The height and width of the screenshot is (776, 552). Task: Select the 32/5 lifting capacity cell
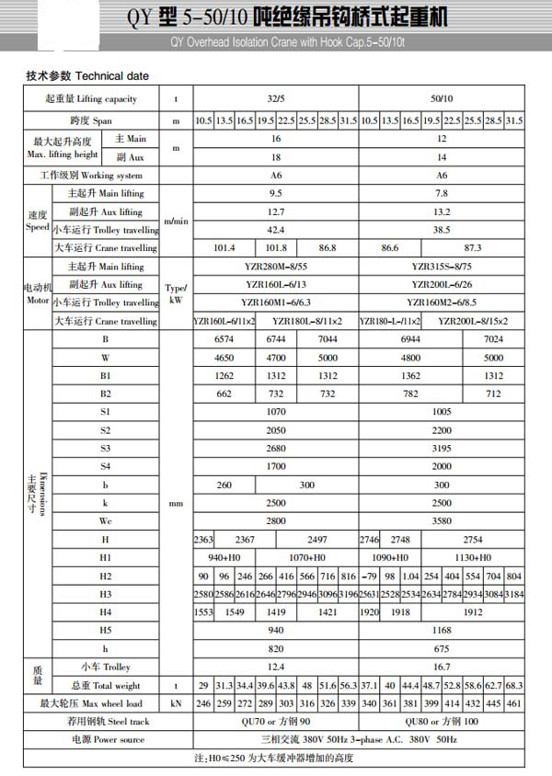pos(275,98)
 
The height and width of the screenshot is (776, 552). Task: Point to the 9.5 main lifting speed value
pos(274,194)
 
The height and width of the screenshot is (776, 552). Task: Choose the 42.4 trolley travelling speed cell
pos(274,229)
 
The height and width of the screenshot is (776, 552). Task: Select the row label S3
pos(105,448)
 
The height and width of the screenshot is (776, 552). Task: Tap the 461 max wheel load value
pos(514,704)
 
